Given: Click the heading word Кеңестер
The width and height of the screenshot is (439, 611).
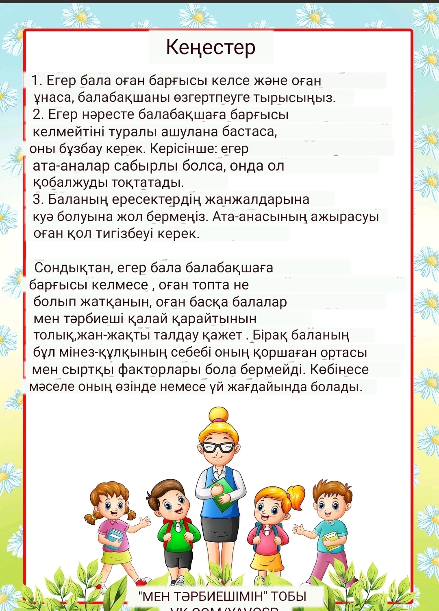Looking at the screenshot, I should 211,48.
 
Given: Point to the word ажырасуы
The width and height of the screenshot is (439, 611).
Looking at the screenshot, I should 345,217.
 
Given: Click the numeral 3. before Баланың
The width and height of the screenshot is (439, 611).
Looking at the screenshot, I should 38,199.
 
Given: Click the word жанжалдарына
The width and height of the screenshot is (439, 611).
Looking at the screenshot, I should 257,199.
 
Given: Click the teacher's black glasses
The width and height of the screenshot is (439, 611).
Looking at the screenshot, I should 219,448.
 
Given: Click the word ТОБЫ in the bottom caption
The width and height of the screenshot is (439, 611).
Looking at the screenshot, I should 289,596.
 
